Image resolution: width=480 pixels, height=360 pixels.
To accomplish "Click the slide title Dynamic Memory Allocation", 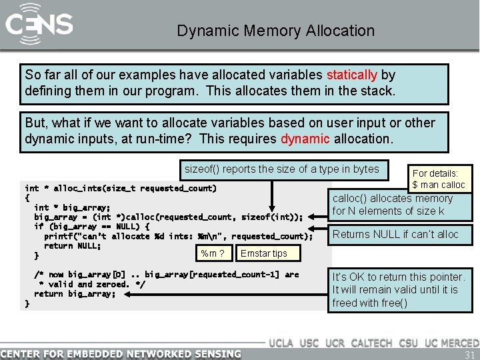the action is click(275, 31).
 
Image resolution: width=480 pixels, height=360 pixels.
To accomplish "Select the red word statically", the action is click(351, 75).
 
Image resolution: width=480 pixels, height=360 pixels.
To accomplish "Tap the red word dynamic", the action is click(305, 139).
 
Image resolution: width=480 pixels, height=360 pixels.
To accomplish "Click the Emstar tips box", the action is click(264, 253).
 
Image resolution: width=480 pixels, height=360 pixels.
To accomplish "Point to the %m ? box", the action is click(212, 253).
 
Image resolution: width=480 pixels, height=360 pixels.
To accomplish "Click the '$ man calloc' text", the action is click(439, 185).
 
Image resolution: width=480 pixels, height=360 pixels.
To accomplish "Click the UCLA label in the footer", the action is click(282, 343).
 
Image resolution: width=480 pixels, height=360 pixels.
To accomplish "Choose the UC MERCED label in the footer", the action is click(451, 343).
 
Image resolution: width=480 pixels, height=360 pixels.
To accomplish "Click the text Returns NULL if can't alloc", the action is click(395, 234).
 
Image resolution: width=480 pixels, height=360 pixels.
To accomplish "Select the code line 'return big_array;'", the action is click(74, 293).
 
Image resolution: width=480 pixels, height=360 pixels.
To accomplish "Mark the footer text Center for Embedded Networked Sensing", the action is click(121, 353).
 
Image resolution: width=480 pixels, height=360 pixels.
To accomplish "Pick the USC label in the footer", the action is click(309, 343).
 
